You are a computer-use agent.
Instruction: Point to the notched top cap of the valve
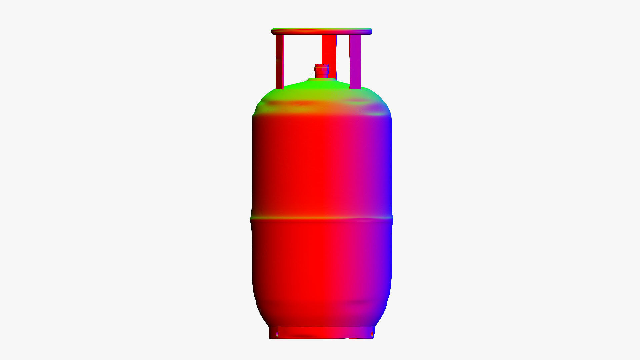[322, 65]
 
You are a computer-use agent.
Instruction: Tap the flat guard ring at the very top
[322, 31]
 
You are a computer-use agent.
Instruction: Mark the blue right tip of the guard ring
[370, 32]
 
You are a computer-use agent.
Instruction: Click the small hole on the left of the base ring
[277, 334]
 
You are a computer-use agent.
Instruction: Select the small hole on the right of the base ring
[372, 334]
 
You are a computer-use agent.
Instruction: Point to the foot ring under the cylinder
[322, 333]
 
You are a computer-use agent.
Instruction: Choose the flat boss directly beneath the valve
[321, 79]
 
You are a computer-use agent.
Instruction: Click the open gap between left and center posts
[302, 57]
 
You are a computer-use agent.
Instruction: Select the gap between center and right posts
[343, 57]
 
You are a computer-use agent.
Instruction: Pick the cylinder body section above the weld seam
[322, 163]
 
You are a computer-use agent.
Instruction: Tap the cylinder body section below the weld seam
[322, 267]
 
